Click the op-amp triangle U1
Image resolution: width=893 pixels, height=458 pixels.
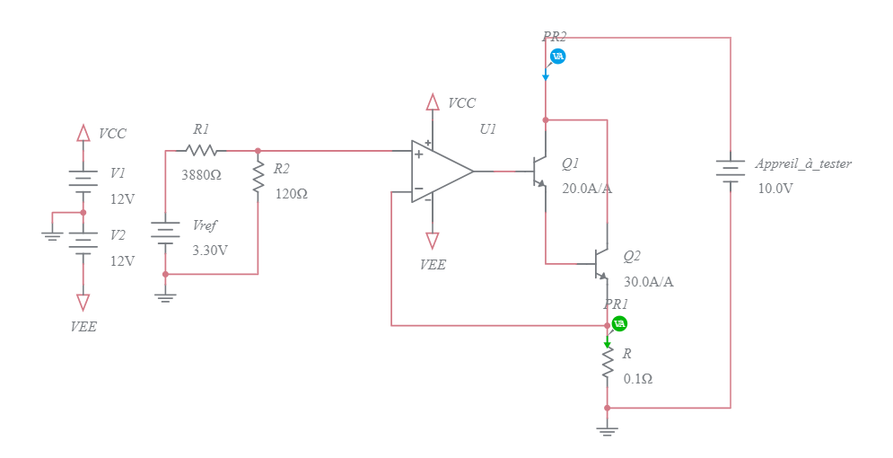[440, 170]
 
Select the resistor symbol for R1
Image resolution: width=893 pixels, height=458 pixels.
[201, 151]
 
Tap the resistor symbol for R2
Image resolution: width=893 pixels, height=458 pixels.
[258, 178]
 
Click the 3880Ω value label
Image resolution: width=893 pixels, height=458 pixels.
[201, 175]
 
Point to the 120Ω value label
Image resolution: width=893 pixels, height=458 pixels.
[292, 193]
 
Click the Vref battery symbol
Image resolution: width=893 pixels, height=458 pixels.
[165, 233]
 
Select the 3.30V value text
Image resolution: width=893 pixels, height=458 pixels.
[210, 250]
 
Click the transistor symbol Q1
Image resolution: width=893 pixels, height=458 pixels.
[540, 171]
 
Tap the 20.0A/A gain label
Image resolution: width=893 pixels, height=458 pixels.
[587, 189]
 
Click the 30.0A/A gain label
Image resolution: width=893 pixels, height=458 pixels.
[648, 281]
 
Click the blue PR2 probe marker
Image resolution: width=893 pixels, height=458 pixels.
[557, 57]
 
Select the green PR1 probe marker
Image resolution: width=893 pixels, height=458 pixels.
[619, 323]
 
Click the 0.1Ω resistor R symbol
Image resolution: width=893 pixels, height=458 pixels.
[608, 363]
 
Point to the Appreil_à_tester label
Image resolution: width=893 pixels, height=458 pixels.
[802, 163]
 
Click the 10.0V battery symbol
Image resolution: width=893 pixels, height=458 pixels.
[731, 170]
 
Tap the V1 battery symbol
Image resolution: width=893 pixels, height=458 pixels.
[83, 179]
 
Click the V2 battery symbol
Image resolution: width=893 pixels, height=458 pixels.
[83, 241]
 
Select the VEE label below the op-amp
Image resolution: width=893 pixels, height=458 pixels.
[433, 265]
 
